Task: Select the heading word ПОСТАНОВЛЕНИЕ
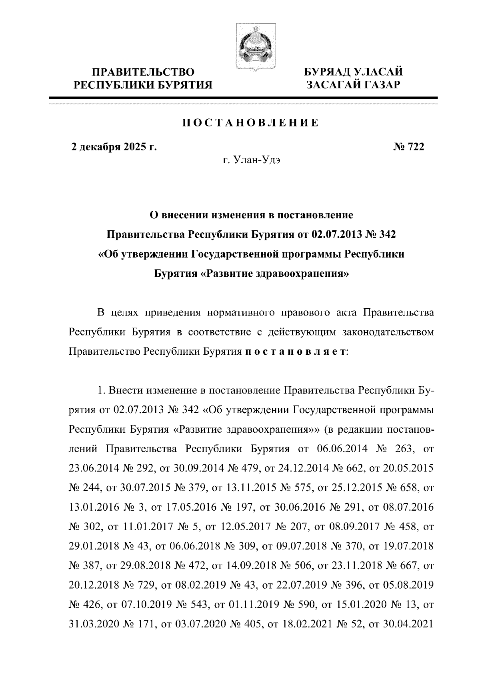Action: [x=251, y=123]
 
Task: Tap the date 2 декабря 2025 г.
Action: [x=113, y=147]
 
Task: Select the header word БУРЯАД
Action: [x=328, y=72]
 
